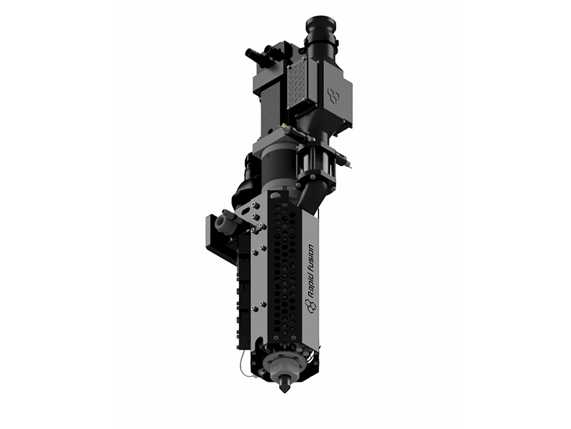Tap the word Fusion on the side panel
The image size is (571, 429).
tap(310, 259)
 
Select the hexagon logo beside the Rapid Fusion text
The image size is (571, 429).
tap(310, 306)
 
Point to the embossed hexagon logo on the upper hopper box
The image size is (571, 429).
tap(333, 95)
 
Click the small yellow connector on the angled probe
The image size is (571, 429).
tap(283, 126)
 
